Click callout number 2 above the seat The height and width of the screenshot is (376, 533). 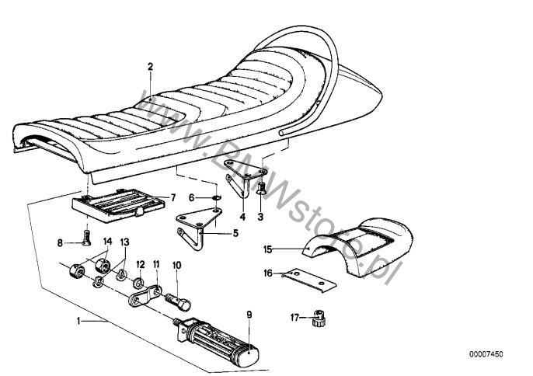(x=151, y=67)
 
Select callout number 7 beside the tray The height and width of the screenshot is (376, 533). (x=173, y=197)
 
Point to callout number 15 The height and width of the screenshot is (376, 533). (x=266, y=249)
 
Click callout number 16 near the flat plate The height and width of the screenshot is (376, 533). (x=266, y=273)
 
